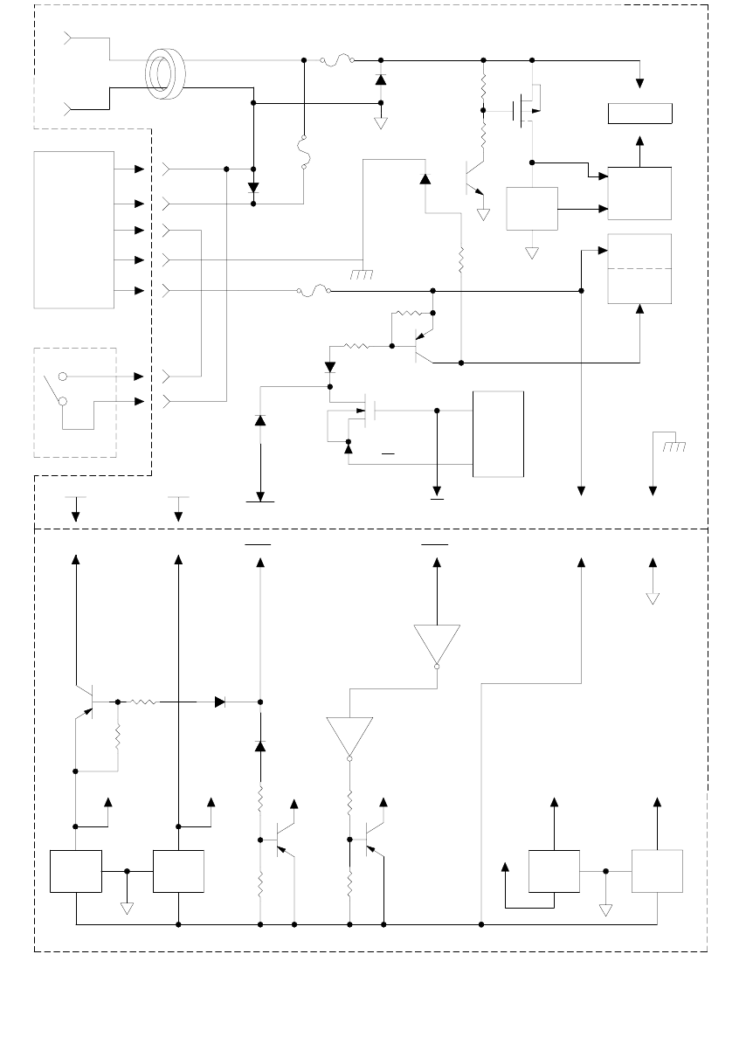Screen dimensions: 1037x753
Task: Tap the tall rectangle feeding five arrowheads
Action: coord(73,229)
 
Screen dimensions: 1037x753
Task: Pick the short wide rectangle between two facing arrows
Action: coord(640,114)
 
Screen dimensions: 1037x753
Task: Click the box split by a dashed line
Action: coord(639,269)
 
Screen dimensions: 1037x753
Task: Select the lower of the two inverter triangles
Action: coord(349,737)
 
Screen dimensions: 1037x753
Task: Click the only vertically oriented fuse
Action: coord(303,153)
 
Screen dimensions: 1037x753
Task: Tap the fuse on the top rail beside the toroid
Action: coord(336,60)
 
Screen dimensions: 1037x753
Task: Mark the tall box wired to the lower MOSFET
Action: coord(498,434)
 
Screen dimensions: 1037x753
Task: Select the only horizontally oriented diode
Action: coord(220,701)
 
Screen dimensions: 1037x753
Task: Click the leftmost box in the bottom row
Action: coord(76,871)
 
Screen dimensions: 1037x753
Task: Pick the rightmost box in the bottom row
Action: coord(657,871)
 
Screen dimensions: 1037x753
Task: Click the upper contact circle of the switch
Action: coord(63,377)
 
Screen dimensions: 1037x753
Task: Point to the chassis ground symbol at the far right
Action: coord(674,446)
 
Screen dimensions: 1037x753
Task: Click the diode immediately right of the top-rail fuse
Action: coord(380,80)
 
